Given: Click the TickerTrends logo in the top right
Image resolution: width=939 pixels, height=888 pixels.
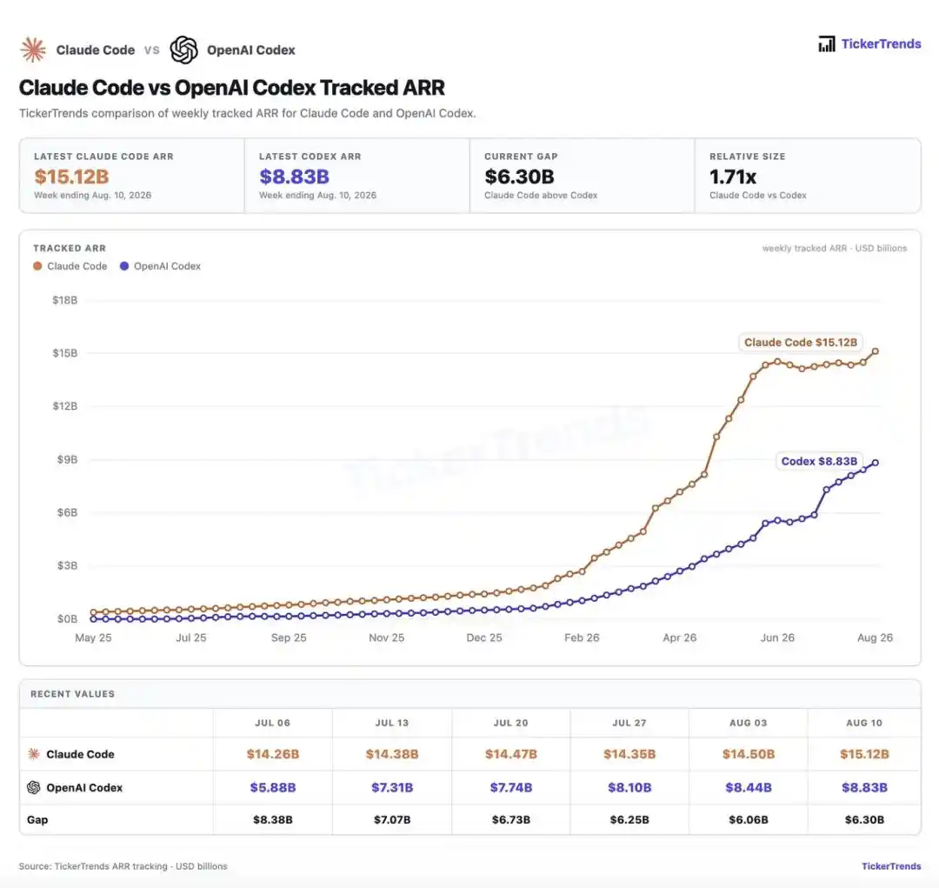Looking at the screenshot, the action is coord(869,43).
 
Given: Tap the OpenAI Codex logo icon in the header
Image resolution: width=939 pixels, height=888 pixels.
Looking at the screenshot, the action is coord(183,50).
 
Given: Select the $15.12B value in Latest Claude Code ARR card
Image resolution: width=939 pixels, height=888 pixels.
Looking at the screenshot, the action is coord(71,177).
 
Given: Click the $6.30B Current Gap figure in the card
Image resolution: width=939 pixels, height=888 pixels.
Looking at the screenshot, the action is coord(519,177).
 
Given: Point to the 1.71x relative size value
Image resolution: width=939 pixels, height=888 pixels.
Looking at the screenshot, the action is coord(733,177).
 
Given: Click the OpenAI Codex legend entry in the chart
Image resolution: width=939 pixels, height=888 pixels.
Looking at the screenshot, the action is coord(160,266).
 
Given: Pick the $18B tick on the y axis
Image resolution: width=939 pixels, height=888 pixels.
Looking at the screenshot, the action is coord(64,300).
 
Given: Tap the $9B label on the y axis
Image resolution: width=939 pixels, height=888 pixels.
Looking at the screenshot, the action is coord(67,459).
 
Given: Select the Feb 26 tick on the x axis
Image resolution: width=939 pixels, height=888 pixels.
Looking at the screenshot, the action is coord(582,638).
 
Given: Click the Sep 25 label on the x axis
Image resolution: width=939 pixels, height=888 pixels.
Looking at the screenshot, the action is coord(289,638).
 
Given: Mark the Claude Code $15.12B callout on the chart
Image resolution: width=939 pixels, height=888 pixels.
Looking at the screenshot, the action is coord(801,342).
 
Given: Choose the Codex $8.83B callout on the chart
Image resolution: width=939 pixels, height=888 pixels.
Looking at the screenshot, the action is coord(819,461).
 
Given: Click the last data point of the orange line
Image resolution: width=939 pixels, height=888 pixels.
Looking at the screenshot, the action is coord(876,351).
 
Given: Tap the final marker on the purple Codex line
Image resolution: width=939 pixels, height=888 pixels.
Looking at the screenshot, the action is coord(876,463).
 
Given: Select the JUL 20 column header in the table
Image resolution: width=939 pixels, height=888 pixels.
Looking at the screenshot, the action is coord(511,723).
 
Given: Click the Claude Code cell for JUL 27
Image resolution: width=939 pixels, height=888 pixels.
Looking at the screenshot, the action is coord(629,754).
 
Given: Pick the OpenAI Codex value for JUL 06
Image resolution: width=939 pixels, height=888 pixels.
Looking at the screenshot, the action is coord(273,787).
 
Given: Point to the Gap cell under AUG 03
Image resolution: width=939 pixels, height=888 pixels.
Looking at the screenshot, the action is coord(749,819).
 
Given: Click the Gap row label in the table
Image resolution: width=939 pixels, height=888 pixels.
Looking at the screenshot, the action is coord(37,819).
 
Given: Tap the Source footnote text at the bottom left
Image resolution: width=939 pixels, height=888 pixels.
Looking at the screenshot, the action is coord(123,866).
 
